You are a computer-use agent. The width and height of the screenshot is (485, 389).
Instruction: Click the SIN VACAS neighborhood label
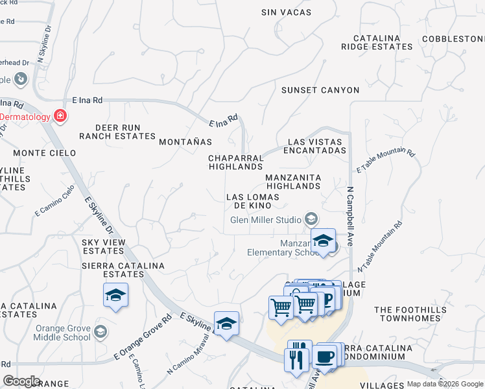tap(286, 12)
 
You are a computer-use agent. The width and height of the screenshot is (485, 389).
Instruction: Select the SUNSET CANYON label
tap(320, 90)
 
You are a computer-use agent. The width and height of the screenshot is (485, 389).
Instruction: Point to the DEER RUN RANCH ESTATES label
tap(117, 132)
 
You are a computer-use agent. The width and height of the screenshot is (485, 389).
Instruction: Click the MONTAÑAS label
tap(185, 141)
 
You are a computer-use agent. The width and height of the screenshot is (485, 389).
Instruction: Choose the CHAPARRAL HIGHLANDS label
tap(235, 162)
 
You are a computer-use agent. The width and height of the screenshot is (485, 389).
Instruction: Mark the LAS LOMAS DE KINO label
tap(252, 201)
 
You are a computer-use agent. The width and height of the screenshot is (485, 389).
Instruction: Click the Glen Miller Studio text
tap(266, 219)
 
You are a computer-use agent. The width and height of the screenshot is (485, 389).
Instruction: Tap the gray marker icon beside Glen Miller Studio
tap(312, 218)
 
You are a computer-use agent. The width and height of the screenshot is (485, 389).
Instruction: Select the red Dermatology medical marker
tap(60, 116)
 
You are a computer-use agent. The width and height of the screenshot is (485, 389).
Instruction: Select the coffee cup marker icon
tap(324, 356)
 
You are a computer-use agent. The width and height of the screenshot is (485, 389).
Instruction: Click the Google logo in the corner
tap(21, 381)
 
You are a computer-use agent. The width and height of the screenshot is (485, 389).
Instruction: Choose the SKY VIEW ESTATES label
tap(104, 246)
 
